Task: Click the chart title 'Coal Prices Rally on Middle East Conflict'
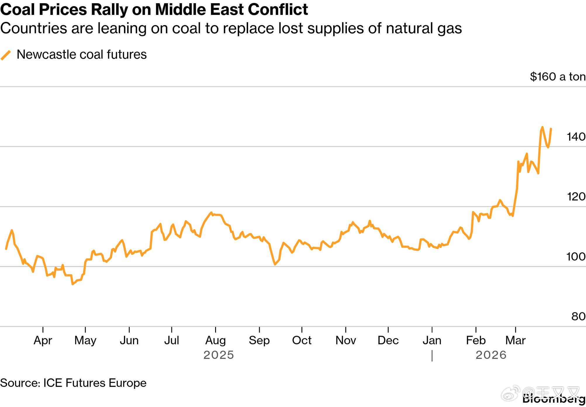pyautogui.click(x=154, y=9)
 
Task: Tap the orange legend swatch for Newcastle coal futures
pyautogui.click(x=6, y=55)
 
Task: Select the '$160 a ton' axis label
pyautogui.click(x=557, y=77)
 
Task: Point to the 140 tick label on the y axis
pyautogui.click(x=576, y=137)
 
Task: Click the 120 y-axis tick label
pyautogui.click(x=576, y=196)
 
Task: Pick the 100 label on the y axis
pyautogui.click(x=576, y=256)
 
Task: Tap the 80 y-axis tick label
pyautogui.click(x=578, y=316)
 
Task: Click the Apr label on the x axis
pyautogui.click(x=43, y=340)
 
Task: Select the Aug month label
pyautogui.click(x=215, y=340)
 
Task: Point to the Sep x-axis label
pyautogui.click(x=259, y=340)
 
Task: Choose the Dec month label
pyautogui.click(x=388, y=340)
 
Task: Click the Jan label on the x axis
pyautogui.click(x=432, y=340)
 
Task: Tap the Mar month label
pyautogui.click(x=515, y=340)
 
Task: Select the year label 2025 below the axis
pyautogui.click(x=219, y=355)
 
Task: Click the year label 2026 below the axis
pyautogui.click(x=491, y=355)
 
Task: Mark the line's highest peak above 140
pyautogui.click(x=542, y=127)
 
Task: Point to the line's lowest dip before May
pyautogui.click(x=72, y=284)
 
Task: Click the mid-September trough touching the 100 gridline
pyautogui.click(x=275, y=264)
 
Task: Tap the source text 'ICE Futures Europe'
pyautogui.click(x=95, y=383)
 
